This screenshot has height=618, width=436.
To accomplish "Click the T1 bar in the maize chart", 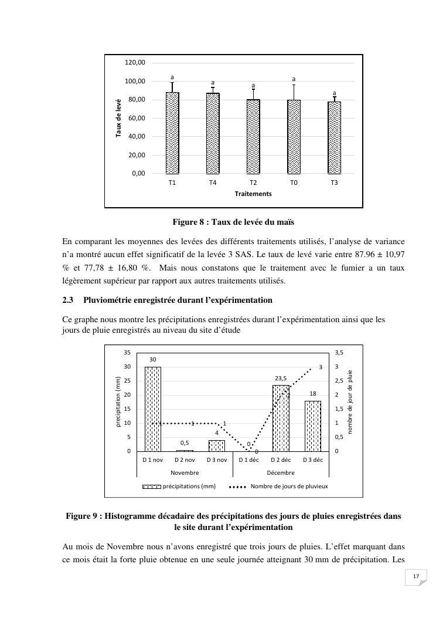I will (172, 133).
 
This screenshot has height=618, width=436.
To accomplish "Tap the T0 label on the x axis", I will (294, 183).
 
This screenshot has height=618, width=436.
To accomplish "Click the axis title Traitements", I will (253, 194).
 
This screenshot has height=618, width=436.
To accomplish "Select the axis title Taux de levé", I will (118, 118).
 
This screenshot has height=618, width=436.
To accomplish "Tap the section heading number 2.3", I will (68, 300).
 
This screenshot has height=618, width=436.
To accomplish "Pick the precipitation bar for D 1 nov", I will (153, 409).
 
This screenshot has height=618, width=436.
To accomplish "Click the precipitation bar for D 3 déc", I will (313, 426).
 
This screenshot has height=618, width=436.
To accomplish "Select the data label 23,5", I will (281, 379).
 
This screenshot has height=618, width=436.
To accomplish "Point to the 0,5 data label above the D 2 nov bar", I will (185, 443).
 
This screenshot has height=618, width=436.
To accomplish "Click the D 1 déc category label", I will (248, 460).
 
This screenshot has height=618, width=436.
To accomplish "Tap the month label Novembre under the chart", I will (185, 472).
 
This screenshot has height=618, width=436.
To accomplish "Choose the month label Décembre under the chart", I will (281, 472).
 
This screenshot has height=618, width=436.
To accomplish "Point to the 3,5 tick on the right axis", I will (338, 353).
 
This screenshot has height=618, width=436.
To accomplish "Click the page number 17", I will (415, 577).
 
